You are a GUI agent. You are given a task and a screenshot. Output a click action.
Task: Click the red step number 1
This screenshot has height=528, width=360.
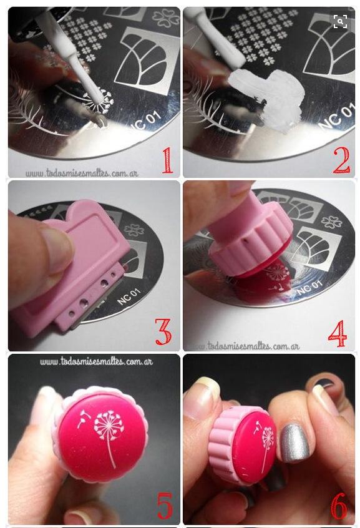[167, 160]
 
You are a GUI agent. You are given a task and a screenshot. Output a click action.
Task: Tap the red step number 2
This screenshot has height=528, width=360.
[341, 160]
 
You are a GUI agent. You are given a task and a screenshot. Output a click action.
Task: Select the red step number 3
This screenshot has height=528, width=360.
[163, 331]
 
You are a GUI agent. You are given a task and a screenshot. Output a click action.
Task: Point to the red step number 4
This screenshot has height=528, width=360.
[337, 334]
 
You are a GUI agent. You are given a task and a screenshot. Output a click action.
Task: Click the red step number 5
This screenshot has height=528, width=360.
[165, 506]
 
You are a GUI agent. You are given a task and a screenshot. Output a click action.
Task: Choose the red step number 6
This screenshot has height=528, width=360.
[339, 506]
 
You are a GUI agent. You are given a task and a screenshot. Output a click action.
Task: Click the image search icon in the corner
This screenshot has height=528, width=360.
[340, 22]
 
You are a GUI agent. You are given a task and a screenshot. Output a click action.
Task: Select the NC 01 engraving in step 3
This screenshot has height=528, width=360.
[129, 296]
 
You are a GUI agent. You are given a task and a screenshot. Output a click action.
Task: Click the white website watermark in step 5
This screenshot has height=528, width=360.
[96, 361]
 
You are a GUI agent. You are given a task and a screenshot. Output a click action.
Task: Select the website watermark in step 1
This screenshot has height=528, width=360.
[82, 173]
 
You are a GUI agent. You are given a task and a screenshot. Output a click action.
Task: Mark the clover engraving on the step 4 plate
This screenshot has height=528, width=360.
[332, 222]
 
